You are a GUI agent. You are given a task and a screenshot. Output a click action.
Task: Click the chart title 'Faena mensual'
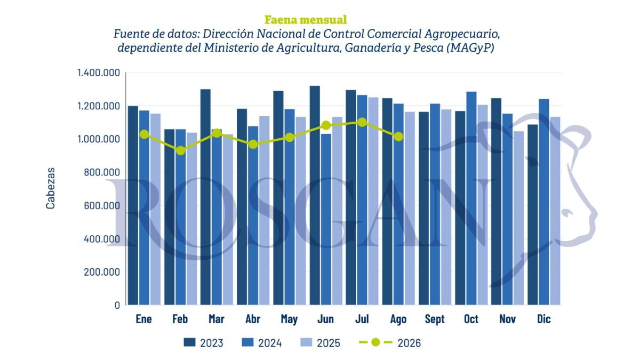[306, 20]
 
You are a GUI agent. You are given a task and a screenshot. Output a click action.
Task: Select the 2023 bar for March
[205, 197]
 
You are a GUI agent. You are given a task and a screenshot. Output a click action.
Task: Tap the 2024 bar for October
[471, 198]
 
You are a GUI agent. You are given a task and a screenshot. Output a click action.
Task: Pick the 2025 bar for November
[518, 218]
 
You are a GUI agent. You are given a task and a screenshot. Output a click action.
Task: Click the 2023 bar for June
[315, 195]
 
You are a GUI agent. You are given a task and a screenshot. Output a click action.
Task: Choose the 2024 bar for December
[543, 202]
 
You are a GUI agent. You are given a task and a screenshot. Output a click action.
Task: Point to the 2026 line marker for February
[180, 150]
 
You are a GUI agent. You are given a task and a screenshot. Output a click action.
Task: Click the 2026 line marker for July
[362, 123]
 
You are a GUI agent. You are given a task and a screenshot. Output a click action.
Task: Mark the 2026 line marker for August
[398, 137]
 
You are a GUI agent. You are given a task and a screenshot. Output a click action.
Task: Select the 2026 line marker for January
[145, 134]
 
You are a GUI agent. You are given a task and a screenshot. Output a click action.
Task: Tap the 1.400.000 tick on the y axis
[99, 73]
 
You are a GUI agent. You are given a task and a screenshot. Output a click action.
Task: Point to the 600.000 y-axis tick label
[102, 205]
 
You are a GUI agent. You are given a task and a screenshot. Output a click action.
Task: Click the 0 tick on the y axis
[117, 305]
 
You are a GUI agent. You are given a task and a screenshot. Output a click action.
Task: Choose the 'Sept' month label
[435, 319]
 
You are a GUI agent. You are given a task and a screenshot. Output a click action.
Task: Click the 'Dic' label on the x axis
[543, 319]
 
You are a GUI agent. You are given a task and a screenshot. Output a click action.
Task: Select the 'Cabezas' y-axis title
[50, 189]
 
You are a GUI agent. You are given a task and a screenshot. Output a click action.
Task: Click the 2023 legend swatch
[189, 342]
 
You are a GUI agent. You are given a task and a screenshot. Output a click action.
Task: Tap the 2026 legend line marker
[375, 342]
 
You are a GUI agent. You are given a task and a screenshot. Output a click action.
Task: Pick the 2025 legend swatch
[306, 342]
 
